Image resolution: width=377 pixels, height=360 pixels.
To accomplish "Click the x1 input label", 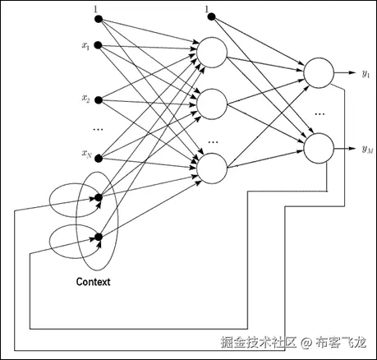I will click(85, 46).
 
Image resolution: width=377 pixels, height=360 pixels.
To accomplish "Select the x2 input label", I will click(85, 99).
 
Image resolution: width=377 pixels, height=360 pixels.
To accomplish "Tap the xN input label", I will click(85, 153).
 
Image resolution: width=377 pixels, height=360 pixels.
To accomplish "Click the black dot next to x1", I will click(98, 46).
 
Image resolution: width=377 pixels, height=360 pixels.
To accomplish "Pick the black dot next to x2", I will click(98, 99).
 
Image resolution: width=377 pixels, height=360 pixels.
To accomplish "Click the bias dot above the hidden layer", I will click(210, 16).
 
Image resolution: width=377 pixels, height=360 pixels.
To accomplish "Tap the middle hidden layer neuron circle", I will click(211, 103).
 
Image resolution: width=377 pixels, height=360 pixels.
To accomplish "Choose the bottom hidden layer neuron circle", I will click(211, 166).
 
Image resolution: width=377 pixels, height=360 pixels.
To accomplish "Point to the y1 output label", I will click(366, 74).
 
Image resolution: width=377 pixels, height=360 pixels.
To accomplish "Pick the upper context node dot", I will click(98, 197).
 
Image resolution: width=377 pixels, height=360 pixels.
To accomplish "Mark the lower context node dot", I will click(98, 238).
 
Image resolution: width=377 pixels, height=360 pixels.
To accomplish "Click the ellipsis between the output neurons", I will click(320, 112).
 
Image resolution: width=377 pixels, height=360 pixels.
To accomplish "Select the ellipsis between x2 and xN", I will click(98, 128).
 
